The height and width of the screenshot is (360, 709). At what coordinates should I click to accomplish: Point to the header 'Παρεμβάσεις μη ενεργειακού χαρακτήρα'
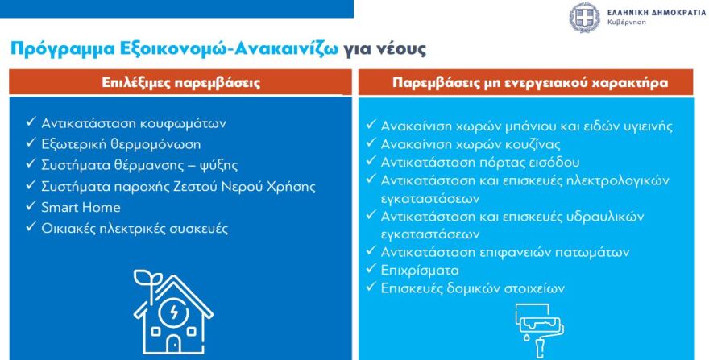click(531, 82)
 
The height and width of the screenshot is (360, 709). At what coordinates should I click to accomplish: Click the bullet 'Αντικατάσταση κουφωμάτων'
click(134, 124)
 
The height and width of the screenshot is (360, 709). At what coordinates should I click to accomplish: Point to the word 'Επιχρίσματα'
click(421, 271)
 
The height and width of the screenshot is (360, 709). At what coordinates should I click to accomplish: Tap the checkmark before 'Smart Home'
click(29, 208)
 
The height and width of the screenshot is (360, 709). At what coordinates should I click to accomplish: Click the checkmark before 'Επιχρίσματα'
click(371, 271)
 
